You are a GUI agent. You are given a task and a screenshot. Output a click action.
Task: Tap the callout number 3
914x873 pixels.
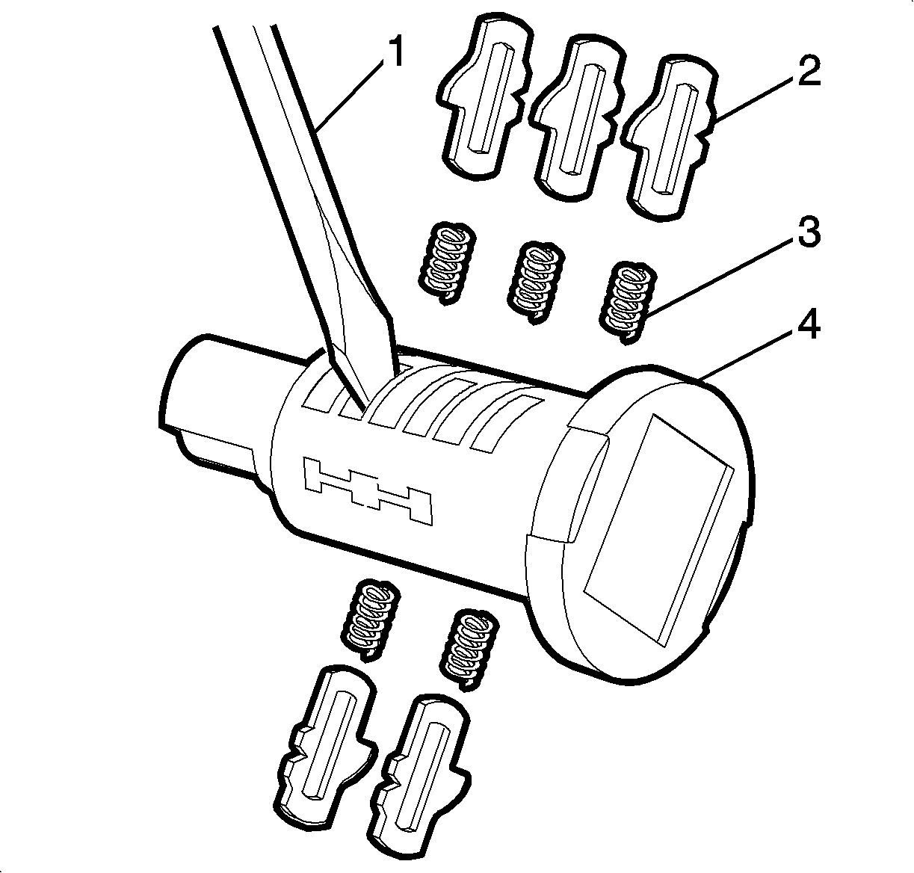pyautogui.click(x=808, y=232)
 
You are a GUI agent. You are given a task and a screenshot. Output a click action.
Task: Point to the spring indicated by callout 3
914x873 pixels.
pyautogui.click(x=627, y=303)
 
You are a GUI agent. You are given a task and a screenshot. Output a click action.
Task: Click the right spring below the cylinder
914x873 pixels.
pyautogui.click(x=470, y=650)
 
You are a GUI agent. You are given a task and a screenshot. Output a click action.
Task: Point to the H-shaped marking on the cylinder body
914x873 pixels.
pyautogui.click(x=367, y=490)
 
